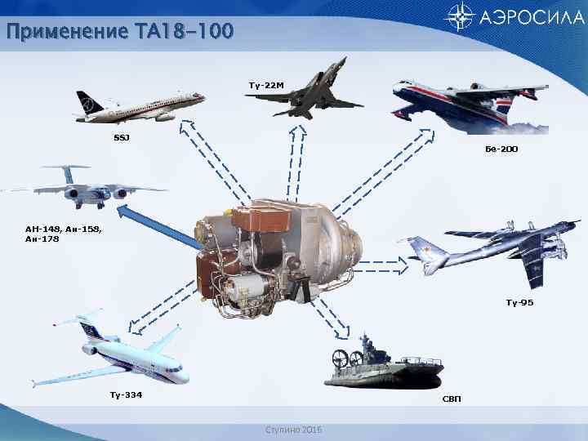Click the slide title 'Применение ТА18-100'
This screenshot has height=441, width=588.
pos(119,32)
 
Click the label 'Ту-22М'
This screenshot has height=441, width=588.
pos(265,85)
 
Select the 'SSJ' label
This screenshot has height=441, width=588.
pos(120,136)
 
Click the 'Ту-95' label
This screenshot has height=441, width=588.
pos(519,302)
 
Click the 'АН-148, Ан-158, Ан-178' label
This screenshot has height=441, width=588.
pos(63,234)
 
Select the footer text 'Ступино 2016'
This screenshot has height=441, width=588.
pos(293,430)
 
